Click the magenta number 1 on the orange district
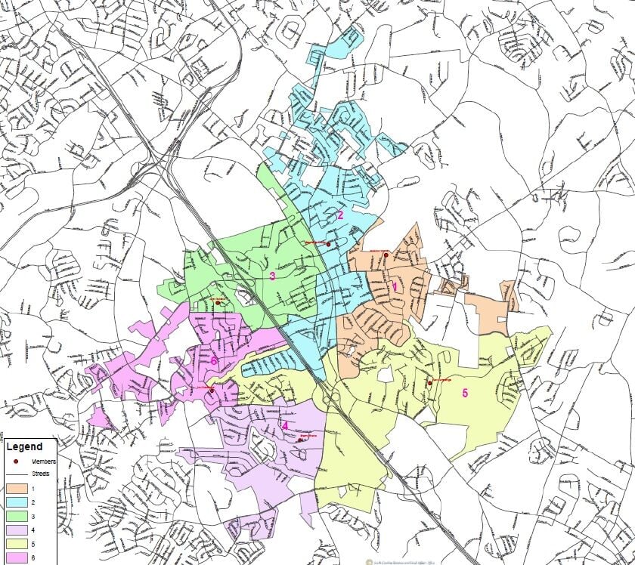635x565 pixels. [394, 287]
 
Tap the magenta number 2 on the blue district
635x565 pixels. [340, 215]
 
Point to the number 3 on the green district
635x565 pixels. [272, 276]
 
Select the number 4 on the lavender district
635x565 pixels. [285, 425]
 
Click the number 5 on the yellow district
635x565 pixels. [465, 392]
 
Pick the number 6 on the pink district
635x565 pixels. [214, 361]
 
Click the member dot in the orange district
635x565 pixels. [386, 255]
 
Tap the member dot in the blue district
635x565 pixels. [328, 244]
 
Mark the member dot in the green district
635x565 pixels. [217, 304]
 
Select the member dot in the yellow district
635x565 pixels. [429, 382]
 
